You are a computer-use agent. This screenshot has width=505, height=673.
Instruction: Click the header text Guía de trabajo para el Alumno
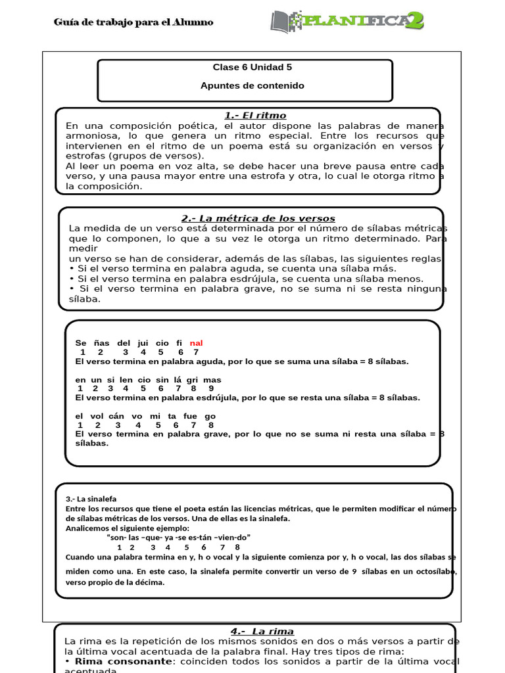click(133, 22)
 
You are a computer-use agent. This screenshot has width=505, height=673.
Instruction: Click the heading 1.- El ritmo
click(247, 116)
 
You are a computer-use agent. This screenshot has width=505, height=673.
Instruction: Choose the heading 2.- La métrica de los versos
click(258, 218)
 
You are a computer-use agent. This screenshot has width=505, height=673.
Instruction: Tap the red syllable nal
click(196, 343)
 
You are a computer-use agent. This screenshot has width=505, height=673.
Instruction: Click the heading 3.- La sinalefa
click(91, 498)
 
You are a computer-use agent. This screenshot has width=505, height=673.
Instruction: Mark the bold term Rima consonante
click(113, 661)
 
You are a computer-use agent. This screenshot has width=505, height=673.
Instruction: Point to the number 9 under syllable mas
click(211, 388)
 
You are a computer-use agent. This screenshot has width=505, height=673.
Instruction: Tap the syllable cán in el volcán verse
click(116, 416)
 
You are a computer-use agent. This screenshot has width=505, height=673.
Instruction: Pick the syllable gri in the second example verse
click(193, 380)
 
